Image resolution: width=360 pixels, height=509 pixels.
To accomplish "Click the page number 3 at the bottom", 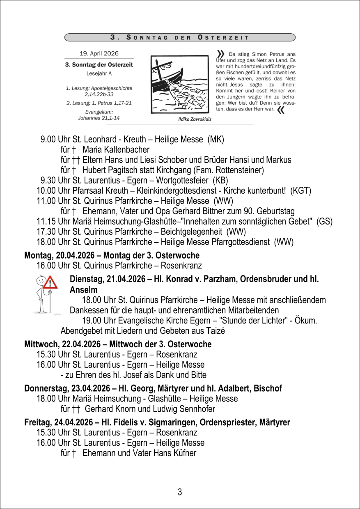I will tap(180, 492).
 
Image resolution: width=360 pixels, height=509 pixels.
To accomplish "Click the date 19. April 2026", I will tap(99, 53).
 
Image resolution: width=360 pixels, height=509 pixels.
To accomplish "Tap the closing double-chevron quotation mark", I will tap(281, 110).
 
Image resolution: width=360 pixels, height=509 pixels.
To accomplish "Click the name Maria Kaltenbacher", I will tap(116, 149).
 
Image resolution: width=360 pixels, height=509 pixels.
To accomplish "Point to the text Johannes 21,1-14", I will tap(99, 118).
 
